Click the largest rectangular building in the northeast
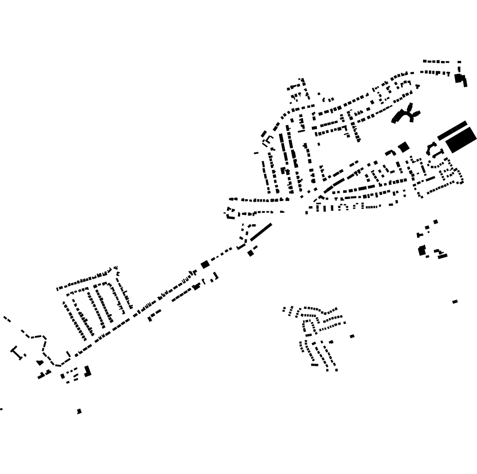tap(462, 140)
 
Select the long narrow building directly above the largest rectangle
tap(452, 130)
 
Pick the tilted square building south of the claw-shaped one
tap(404, 147)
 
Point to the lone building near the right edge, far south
tap(455, 302)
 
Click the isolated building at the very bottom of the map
tap(79, 411)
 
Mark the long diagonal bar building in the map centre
tap(261, 231)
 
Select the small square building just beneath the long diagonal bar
tap(250, 253)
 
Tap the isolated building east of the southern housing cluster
tap(352, 337)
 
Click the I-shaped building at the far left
tap(17, 352)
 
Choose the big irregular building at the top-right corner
tap(460, 79)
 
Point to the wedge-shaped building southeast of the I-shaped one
tap(40, 363)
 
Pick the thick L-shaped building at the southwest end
tap(88, 371)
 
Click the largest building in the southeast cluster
tap(422, 251)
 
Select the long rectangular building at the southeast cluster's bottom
tap(443, 256)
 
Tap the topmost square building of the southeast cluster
tap(435, 222)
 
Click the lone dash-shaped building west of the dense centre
tap(256, 153)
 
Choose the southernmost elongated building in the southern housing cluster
tap(314, 365)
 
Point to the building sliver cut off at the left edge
tap(1, 409)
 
